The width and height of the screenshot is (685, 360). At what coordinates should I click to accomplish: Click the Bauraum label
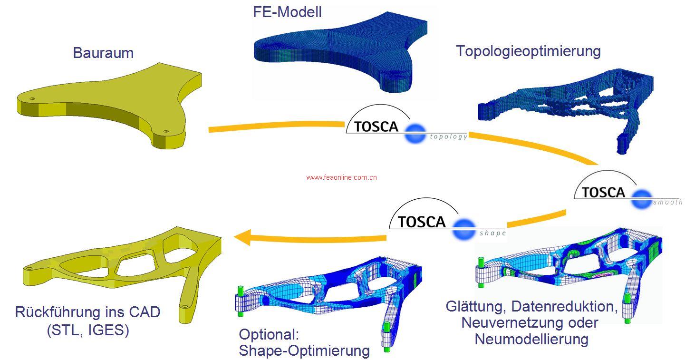(103, 52)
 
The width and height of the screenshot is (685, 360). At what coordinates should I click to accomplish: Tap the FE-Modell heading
(287, 12)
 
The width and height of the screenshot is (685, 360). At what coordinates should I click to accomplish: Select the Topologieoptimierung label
(528, 51)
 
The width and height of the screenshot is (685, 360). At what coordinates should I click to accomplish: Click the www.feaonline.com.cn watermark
(342, 177)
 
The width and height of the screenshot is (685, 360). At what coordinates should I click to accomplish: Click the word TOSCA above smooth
(603, 192)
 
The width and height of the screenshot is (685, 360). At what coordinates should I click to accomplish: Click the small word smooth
(667, 202)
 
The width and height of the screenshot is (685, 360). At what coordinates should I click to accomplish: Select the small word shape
(492, 234)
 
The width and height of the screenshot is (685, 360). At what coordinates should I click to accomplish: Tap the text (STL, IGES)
(88, 331)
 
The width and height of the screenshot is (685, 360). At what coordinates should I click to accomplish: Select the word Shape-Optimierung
(304, 350)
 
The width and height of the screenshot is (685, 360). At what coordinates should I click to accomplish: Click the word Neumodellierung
(531, 339)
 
